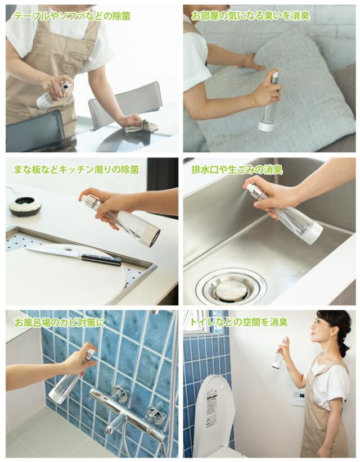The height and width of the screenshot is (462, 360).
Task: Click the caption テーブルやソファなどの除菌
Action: pos(71,16)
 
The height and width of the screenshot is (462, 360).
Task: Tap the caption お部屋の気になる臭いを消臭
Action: pos(250,16)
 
